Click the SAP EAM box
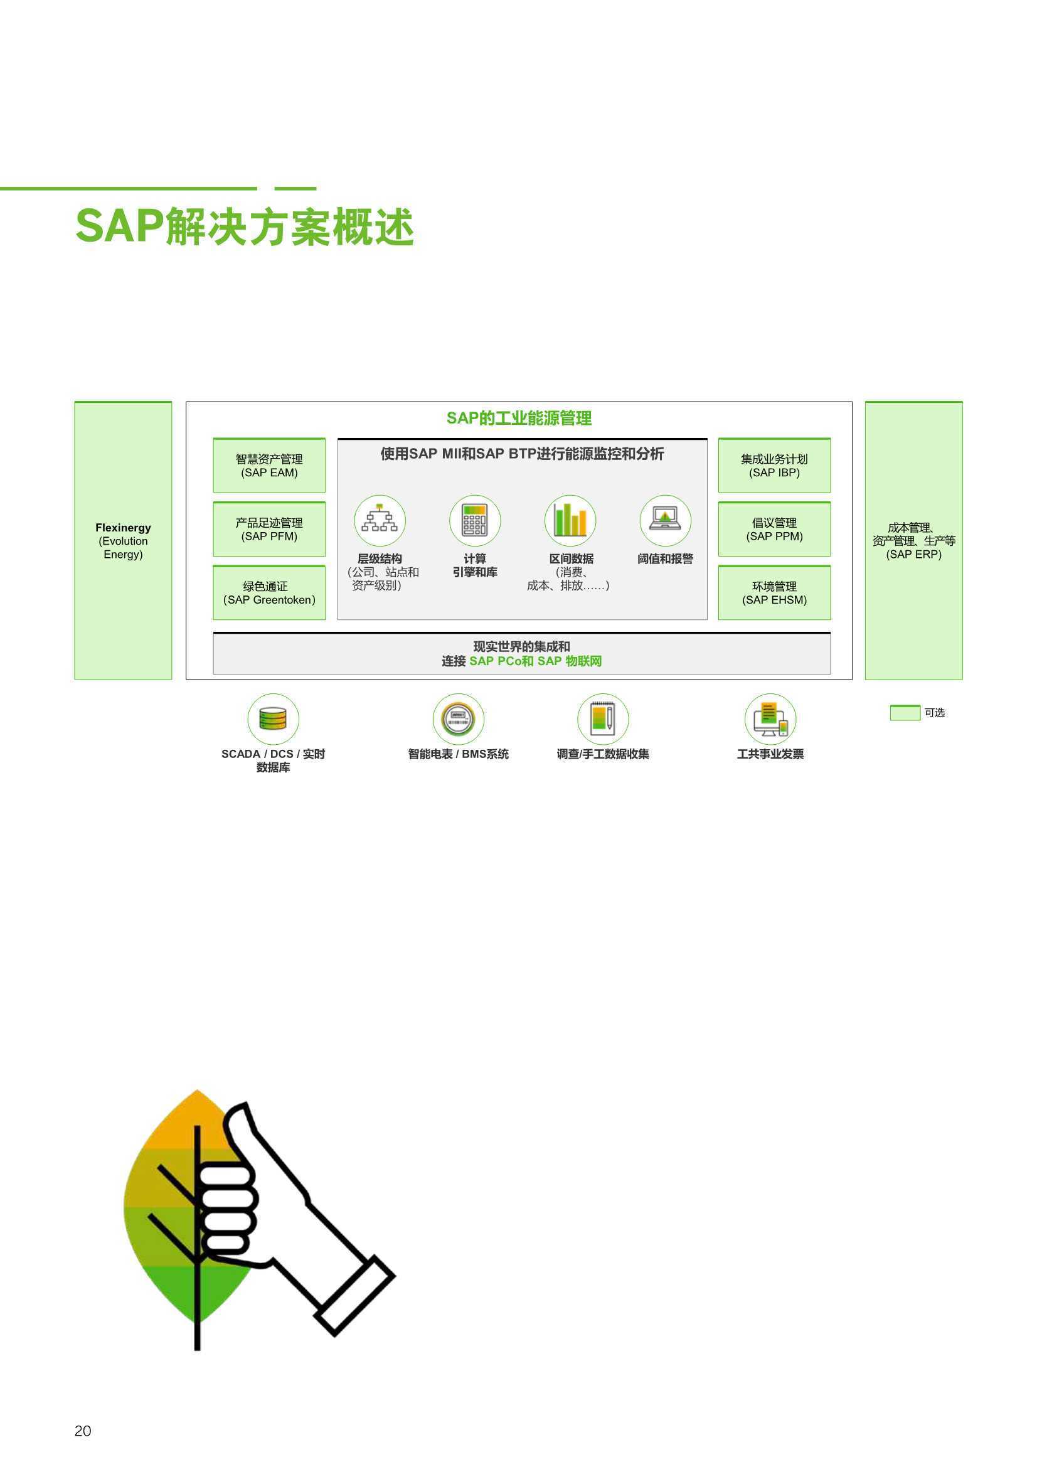269,465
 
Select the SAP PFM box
269,529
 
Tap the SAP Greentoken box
269,592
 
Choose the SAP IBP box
774,465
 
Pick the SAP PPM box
774,529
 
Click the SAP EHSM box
774,592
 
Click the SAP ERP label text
913,540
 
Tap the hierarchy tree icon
380,520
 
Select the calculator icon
475,520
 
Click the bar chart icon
570,520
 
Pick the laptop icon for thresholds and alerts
665,520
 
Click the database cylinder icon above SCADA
274,719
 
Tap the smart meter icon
458,719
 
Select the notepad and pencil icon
603,719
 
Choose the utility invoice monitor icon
770,719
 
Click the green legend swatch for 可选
905,712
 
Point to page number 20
83,1431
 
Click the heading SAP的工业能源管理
519,419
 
